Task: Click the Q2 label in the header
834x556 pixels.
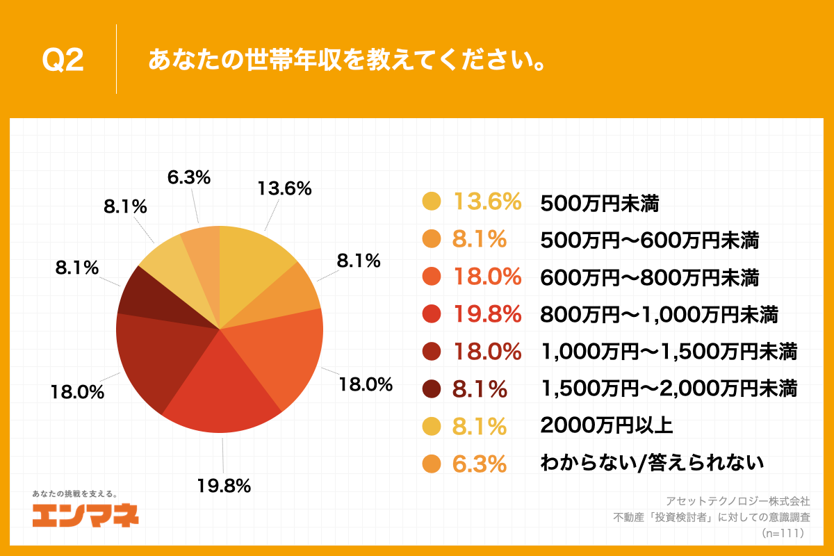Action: pos(63,61)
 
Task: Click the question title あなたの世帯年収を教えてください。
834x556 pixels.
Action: pos(345,60)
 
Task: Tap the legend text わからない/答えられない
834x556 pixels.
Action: pos(652,463)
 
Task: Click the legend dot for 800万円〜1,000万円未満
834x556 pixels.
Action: pos(432,315)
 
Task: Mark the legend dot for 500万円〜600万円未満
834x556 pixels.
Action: pos(432,240)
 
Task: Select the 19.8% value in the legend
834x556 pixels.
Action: pos(486,315)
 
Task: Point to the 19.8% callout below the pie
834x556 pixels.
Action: pos(223,486)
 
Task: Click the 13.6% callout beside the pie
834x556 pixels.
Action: pos(284,188)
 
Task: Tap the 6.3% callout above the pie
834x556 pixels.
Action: pos(188,178)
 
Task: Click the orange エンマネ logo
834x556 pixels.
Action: pos(85,515)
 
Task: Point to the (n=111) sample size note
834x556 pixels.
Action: pos(783,533)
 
